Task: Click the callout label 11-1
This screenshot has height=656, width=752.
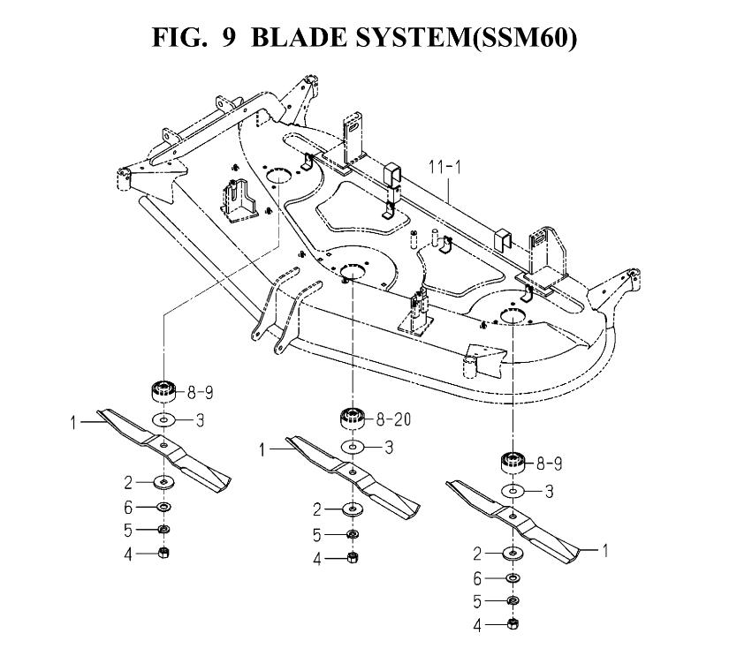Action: [444, 167]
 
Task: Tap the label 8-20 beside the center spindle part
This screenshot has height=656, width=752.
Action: [394, 419]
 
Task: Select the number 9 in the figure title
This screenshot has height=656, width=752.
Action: [229, 37]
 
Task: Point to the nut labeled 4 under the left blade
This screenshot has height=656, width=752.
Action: [163, 553]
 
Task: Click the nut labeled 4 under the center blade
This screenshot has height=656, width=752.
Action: [353, 557]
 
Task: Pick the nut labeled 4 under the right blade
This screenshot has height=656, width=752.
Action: [513, 624]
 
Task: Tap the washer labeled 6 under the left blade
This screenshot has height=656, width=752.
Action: [164, 507]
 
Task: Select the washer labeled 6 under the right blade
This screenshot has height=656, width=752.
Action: [513, 578]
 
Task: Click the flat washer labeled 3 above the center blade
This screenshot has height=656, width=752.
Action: [353, 447]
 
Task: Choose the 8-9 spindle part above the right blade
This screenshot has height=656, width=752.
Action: [513, 463]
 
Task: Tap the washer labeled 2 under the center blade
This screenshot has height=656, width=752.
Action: [353, 509]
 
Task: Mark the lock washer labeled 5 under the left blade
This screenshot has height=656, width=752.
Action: [164, 530]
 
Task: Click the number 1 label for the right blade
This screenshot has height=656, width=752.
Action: [605, 550]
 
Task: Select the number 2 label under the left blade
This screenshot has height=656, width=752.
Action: [127, 482]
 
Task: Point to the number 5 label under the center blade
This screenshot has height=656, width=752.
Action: [316, 535]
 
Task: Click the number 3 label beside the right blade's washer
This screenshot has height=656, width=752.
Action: [550, 491]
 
